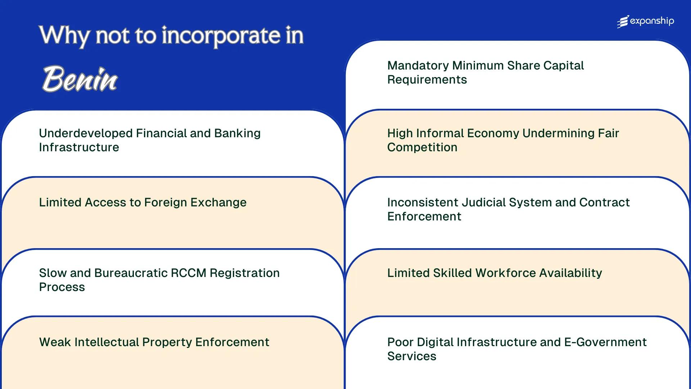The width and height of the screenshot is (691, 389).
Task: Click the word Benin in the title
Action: click(x=80, y=79)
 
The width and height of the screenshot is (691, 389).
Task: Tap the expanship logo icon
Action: click(x=623, y=22)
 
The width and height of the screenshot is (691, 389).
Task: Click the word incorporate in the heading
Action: click(x=221, y=36)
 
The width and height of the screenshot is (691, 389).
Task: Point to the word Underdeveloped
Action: click(x=86, y=133)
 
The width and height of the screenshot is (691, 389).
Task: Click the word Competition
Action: click(x=422, y=147)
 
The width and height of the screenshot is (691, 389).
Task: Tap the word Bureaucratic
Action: click(x=131, y=273)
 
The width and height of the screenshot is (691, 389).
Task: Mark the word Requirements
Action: click(x=427, y=80)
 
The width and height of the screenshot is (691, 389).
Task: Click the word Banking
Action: click(x=237, y=133)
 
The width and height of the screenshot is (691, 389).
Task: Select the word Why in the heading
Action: click(x=65, y=36)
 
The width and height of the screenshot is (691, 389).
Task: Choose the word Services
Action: click(x=412, y=356)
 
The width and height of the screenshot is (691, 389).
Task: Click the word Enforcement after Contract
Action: click(x=424, y=216)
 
